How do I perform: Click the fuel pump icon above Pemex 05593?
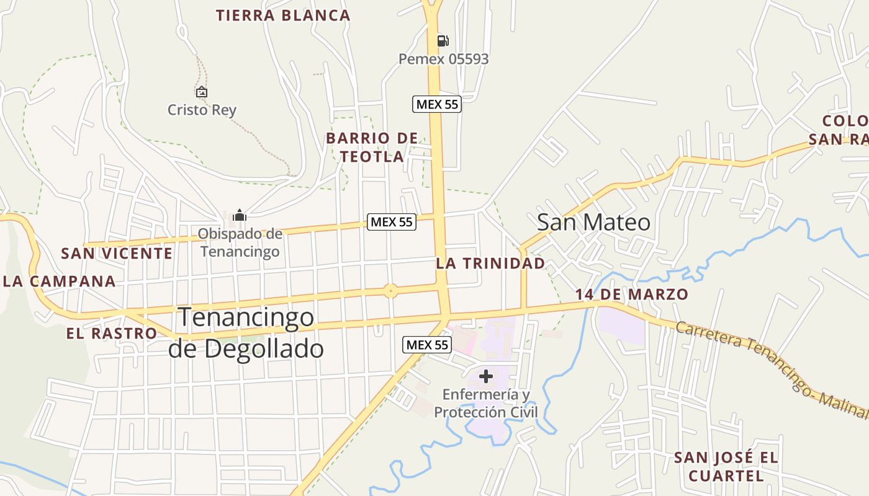tap(443, 41)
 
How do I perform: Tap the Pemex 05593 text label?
tap(443, 59)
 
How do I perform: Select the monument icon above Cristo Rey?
tap(201, 92)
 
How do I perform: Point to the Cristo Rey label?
tap(202, 110)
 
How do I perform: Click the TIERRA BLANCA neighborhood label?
tap(283, 15)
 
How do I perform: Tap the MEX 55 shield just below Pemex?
tap(437, 104)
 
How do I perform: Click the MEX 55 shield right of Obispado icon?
tap(391, 221)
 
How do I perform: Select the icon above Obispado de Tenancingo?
tap(240, 216)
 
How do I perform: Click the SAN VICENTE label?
tap(117, 253)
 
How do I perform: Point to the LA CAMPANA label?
tap(60, 281)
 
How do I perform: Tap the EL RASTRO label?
tap(112, 333)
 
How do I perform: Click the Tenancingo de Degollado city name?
tap(246, 333)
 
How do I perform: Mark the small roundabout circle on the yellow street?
tap(390, 290)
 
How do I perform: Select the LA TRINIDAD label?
tap(490, 263)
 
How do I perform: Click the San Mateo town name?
tap(593, 222)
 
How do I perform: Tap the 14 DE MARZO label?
tap(631, 294)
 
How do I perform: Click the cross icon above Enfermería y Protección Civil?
tap(486, 376)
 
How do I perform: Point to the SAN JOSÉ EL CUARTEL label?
tap(726, 466)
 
